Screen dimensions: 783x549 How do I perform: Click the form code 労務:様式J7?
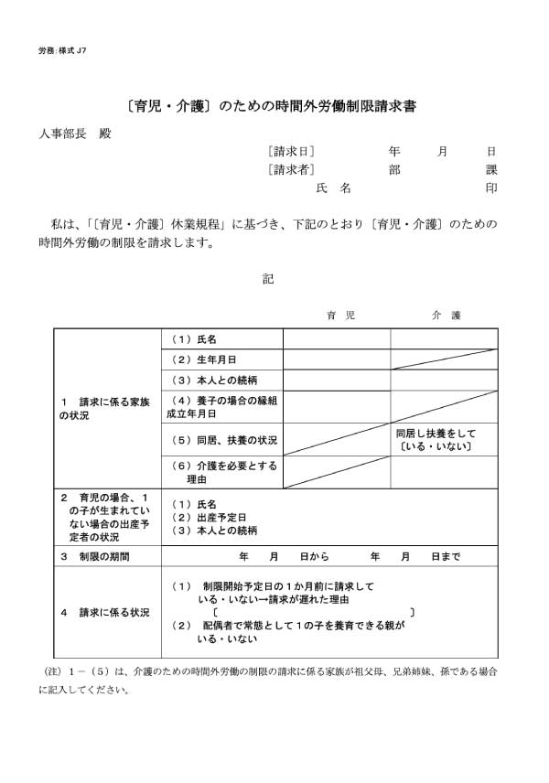tap(63, 49)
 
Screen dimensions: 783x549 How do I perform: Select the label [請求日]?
tap(292, 151)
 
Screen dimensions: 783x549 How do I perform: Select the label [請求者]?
tap(292, 169)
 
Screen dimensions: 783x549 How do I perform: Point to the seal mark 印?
tap(491, 188)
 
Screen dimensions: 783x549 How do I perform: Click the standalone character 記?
tap(268, 278)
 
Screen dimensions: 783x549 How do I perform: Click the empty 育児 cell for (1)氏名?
tap(337, 339)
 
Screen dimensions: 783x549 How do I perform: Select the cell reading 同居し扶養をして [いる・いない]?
tap(436, 439)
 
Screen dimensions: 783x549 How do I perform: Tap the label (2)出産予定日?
tap(209, 518)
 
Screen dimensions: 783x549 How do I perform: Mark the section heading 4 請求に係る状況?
tap(101, 612)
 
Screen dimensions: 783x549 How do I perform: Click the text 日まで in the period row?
tap(445, 555)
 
